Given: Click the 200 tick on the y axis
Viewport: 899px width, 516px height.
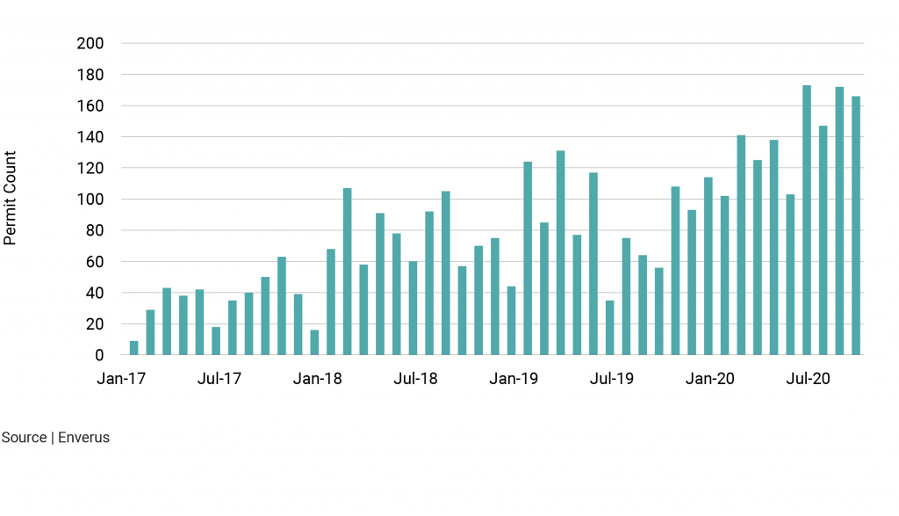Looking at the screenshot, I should point(91,44).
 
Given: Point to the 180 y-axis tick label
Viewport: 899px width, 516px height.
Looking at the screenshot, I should point(91,75).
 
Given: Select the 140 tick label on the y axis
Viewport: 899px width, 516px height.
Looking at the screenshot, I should point(91,137).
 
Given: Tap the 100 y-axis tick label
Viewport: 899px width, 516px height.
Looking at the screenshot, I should point(91,200).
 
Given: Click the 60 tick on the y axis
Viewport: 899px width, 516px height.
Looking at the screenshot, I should point(95,262).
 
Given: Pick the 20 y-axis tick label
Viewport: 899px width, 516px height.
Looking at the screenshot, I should point(95,324).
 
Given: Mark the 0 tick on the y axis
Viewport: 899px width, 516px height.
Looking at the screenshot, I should point(99,355).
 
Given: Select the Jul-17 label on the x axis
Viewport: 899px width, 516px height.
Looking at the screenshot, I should point(219,380).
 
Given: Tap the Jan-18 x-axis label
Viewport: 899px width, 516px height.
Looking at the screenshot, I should point(318,380).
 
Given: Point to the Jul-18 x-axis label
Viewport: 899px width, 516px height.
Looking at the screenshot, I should point(415,380).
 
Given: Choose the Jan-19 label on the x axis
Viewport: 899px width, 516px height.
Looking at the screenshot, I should point(514,380).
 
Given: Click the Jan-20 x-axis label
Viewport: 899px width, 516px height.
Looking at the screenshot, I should point(710,380).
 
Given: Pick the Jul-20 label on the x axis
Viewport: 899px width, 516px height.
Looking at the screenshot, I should point(808,380).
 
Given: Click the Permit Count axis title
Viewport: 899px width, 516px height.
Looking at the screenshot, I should point(11,199).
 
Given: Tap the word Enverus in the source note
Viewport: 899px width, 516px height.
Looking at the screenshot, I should point(83,438).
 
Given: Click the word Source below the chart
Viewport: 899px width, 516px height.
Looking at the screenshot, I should point(25,438).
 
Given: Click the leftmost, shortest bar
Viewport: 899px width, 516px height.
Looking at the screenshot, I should point(133,348).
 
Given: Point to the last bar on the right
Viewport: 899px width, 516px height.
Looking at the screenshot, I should point(856,226).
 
